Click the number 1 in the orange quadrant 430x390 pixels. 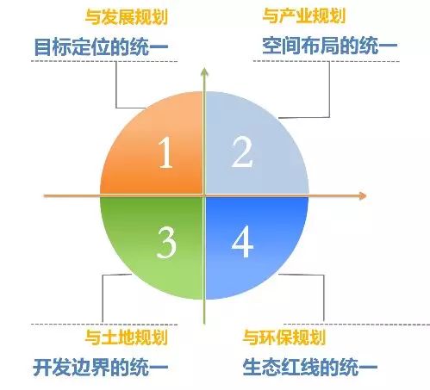coord(165,152)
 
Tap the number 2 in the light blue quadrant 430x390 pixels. coord(242,152)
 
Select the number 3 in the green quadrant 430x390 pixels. coord(166,242)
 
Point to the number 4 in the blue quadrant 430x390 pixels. coord(242,242)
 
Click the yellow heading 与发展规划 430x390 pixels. coord(127,17)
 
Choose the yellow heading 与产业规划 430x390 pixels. coord(303,15)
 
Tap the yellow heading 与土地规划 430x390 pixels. coord(127,337)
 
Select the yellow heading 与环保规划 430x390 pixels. coord(284,337)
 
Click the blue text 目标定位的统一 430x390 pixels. coord(101,46)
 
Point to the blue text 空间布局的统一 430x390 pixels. coord(330,46)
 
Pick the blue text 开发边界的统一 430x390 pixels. coord(101,368)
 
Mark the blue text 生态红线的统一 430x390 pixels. coord(310,367)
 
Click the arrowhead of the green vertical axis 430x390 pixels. coord(204,71)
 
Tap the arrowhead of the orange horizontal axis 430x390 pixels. coord(363,195)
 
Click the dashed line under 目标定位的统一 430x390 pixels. coord(104,61)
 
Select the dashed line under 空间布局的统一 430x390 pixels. coord(327,61)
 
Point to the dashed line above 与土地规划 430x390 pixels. coord(104,325)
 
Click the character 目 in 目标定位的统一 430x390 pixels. coord(42,46)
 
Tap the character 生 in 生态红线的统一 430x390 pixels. coord(252,367)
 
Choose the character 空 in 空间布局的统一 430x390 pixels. coord(271,46)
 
